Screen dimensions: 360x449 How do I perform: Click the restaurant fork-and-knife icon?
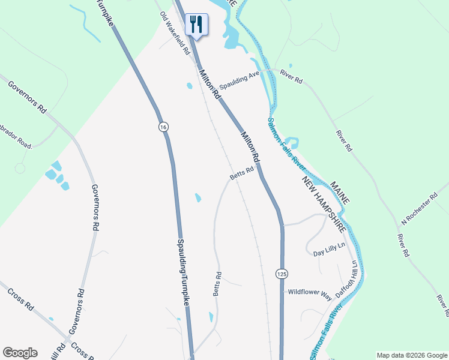pyautogui.click(x=196, y=24)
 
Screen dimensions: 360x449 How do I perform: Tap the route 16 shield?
pyautogui.click(x=163, y=127)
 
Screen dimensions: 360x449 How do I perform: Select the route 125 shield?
pyautogui.click(x=282, y=274)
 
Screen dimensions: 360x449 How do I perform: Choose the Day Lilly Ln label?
pyautogui.click(x=330, y=253)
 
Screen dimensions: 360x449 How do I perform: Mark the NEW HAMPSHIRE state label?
pyautogui.click(x=324, y=205)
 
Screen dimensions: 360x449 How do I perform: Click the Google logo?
pyautogui.click(x=20, y=353)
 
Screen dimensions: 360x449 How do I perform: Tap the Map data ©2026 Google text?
pyautogui.click(x=412, y=355)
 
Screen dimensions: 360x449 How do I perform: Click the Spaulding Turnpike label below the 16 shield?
pyautogui.click(x=182, y=273)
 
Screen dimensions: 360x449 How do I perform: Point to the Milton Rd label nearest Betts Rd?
pyautogui.click(x=250, y=147)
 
